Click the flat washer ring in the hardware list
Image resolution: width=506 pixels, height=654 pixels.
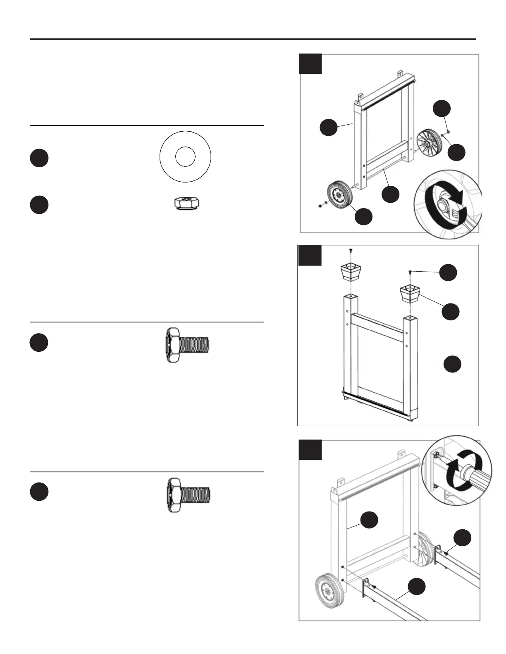pyautogui.click(x=186, y=156)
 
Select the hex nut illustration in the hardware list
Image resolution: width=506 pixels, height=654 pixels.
pyautogui.click(x=185, y=204)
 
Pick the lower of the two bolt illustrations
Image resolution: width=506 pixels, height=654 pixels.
pyautogui.click(x=189, y=495)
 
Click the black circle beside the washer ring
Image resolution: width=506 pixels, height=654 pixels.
pyautogui.click(x=39, y=159)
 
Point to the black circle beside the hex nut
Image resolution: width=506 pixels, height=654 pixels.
pyautogui.click(x=39, y=205)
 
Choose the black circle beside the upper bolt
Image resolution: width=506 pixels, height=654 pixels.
pyautogui.click(x=39, y=343)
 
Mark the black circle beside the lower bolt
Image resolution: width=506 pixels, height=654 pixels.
pyautogui.click(x=39, y=492)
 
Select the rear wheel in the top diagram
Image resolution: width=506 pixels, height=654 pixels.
pyautogui.click(x=429, y=142)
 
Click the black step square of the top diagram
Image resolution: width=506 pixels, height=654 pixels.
pyautogui.click(x=310, y=64)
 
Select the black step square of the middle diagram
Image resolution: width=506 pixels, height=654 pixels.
pyautogui.click(x=310, y=255)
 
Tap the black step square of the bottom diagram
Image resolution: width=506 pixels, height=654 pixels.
pyautogui.click(x=310, y=450)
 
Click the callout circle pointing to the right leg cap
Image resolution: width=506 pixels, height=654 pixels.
pyautogui.click(x=450, y=311)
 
